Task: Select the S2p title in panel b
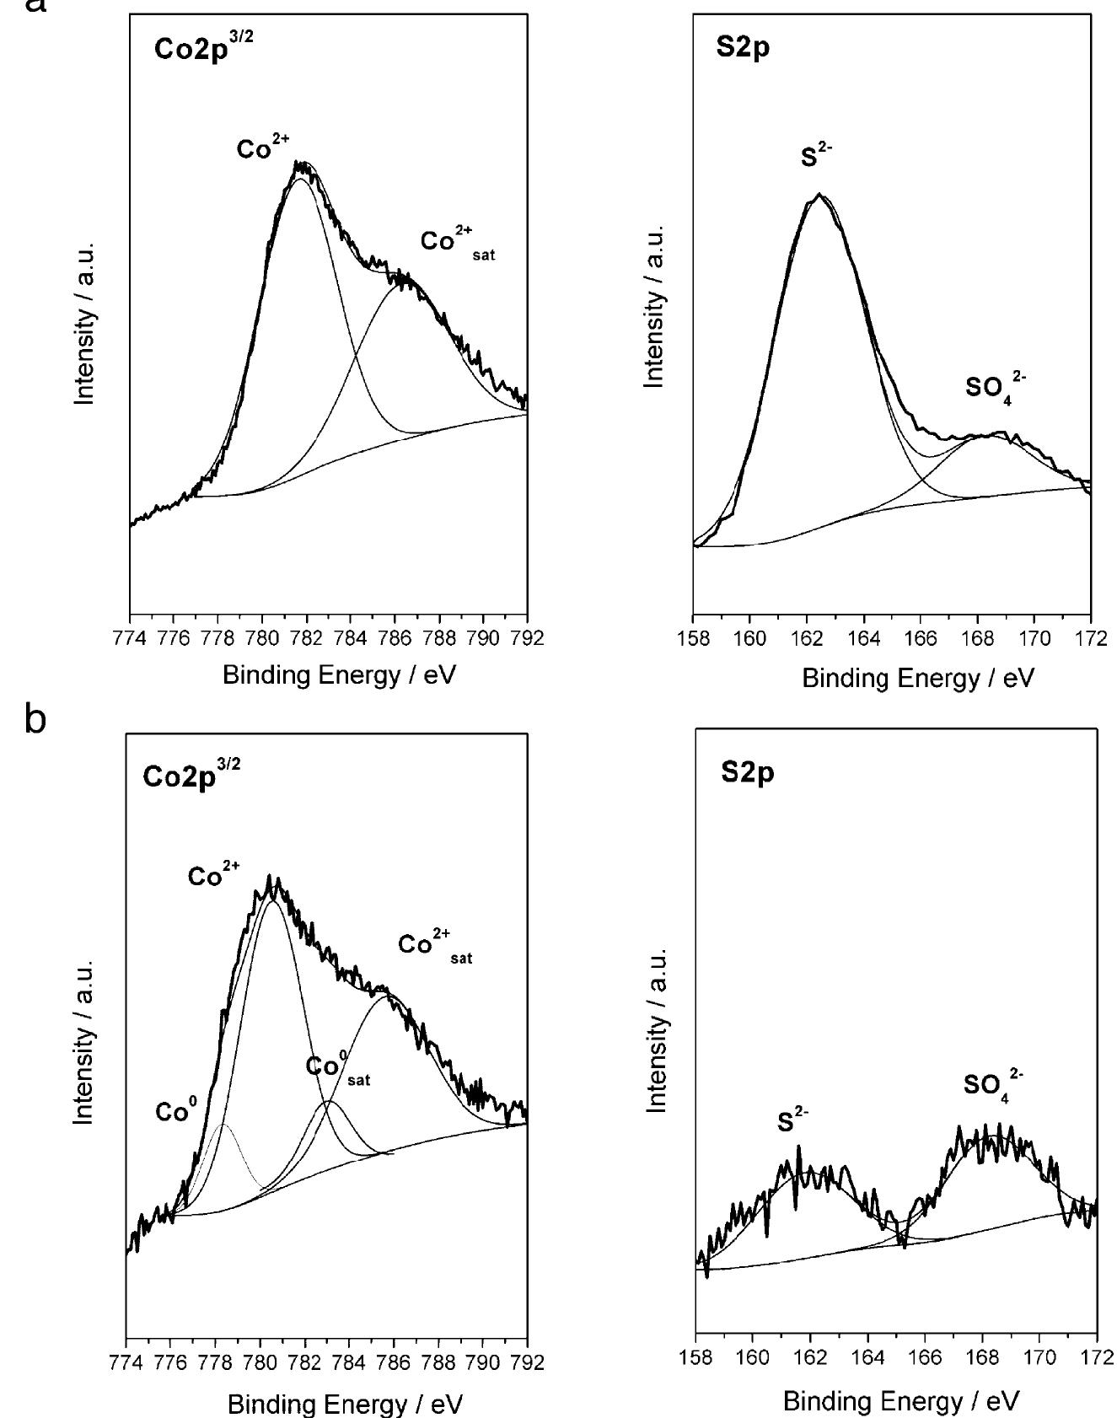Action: point(747,773)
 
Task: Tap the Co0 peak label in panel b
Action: point(175,1113)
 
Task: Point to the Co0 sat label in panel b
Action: point(337,1069)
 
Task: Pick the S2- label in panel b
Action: point(792,1122)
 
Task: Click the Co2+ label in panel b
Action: point(212,877)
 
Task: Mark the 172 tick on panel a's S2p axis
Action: point(1090,637)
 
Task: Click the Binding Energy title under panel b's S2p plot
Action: point(900,1401)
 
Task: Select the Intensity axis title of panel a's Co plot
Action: point(84,325)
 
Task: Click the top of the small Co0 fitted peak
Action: point(223,1124)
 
